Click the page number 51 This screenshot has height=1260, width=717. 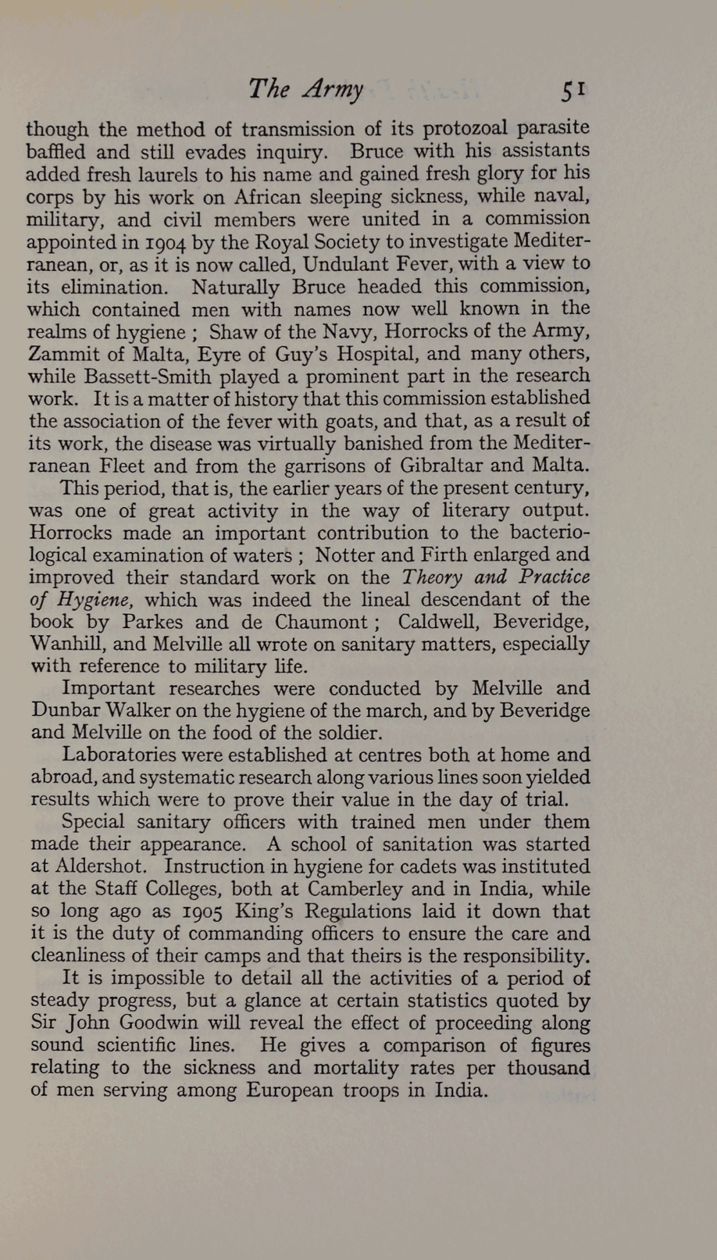click(x=573, y=90)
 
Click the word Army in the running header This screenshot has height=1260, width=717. click(x=333, y=90)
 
